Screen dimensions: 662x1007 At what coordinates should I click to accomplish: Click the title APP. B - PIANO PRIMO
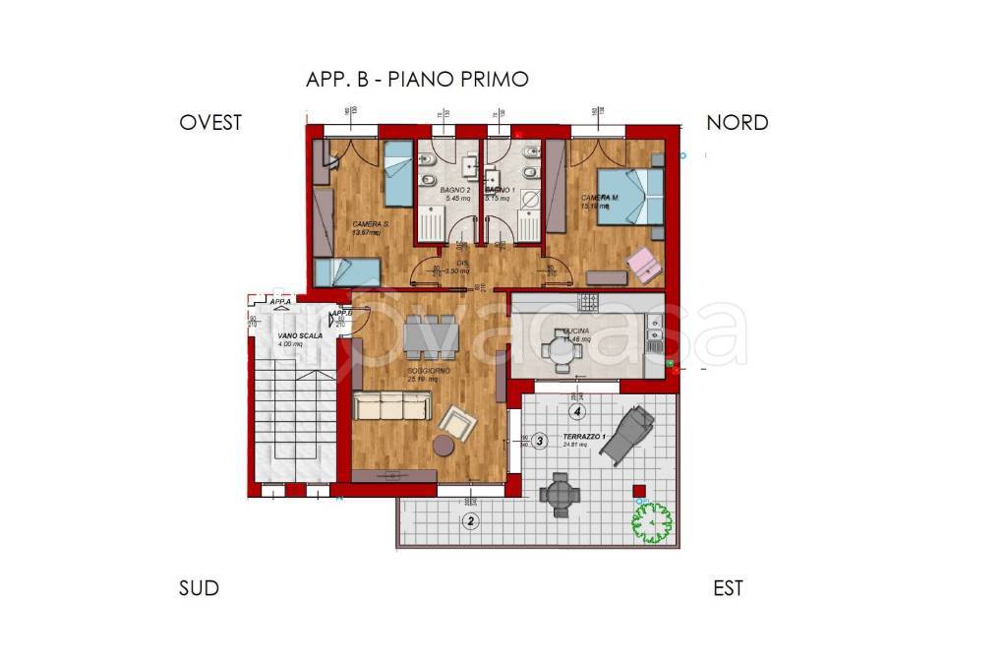point(417,80)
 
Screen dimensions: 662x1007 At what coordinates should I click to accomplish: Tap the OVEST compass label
point(210,123)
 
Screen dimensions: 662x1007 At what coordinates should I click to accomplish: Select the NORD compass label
point(737,123)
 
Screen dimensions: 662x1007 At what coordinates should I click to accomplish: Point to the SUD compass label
point(199,588)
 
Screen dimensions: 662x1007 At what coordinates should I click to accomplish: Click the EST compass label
point(728,588)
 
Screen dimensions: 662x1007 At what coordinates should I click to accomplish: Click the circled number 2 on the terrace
point(471,520)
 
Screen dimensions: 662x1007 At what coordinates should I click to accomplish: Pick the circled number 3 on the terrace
point(540,442)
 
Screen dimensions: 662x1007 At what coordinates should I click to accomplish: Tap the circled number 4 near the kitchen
point(578,410)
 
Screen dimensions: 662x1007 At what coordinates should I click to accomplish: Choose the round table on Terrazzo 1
point(560,494)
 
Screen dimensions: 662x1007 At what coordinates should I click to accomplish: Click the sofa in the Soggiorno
point(392,404)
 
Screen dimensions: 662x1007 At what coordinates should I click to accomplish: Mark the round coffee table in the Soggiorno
point(445,446)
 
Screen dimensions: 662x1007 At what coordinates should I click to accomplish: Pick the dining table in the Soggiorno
point(430,332)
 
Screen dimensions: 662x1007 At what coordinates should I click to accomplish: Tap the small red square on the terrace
point(638,489)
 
